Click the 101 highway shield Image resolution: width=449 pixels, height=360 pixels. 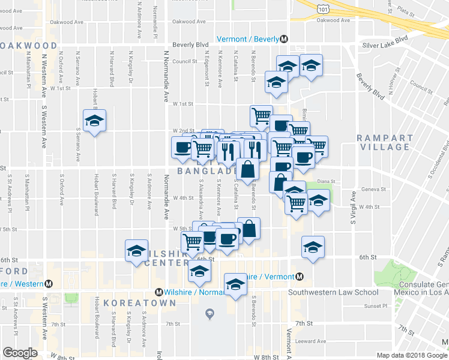pos(324,9)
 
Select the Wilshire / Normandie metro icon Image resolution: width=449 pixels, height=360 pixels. pos(158,292)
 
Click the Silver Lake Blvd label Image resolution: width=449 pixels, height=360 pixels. pos(385,45)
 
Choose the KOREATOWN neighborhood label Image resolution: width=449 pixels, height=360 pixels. pos(140,304)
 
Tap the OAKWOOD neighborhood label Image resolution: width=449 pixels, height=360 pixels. pos(29,46)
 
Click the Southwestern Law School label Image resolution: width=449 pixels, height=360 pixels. pos(333,293)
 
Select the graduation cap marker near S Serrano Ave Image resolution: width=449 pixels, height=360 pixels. pos(95,121)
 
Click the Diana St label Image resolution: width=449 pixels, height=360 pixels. pos(325,181)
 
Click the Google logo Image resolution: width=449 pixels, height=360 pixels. pos(20,352)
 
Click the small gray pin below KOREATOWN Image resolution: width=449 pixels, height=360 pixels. pos(209,313)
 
